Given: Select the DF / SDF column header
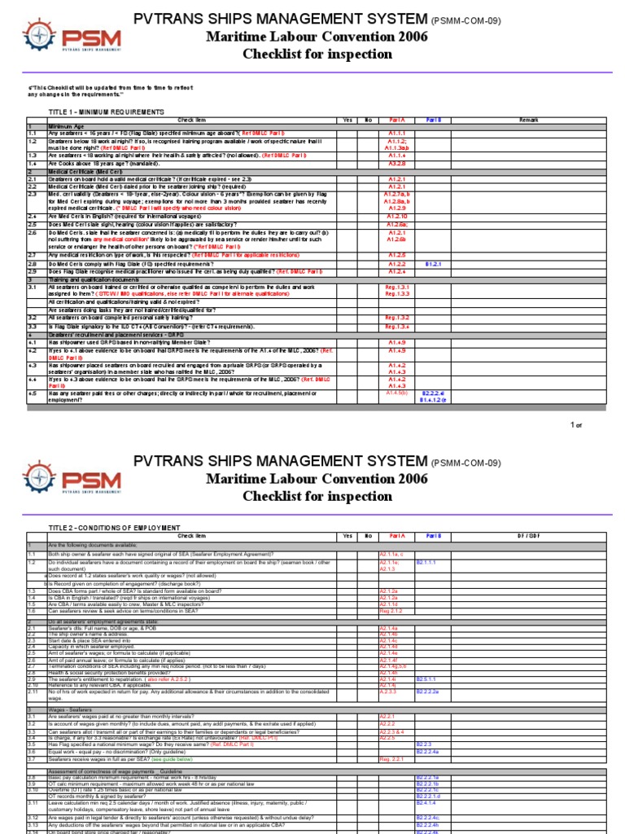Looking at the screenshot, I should pos(528,536).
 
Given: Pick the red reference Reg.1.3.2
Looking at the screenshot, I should pos(396,317).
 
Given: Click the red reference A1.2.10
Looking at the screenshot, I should pos(396,216).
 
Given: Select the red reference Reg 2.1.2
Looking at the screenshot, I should pos(391,610).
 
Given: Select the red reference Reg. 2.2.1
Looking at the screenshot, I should pos(392,757).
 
